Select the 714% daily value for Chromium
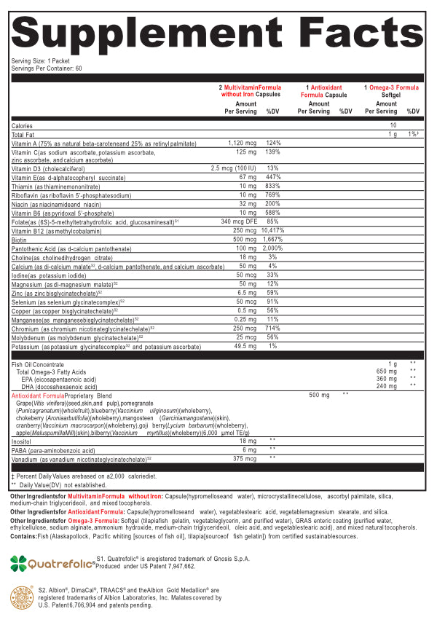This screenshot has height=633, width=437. pos(272,328)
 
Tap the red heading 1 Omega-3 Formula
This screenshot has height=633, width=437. pos(392,87)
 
